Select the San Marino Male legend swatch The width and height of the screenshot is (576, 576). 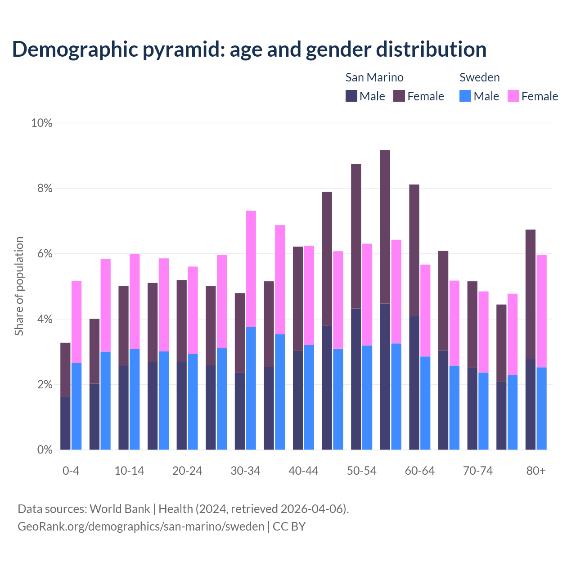351,96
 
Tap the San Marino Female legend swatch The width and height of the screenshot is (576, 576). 399,96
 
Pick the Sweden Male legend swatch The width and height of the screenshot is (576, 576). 465,96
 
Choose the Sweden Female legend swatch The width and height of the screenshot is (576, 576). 513,96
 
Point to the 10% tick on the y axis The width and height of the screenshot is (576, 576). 42,123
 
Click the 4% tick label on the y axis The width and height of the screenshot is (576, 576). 45,319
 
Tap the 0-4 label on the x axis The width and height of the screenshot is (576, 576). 71,471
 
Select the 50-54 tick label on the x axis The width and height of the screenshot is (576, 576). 362,471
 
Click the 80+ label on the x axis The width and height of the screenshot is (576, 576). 536,471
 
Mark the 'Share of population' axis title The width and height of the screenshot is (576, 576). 19,286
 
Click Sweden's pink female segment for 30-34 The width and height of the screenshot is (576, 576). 251,269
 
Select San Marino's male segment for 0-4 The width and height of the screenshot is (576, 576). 66,423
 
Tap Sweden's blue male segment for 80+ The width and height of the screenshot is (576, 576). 541,408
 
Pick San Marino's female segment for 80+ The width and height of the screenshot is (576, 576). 531,294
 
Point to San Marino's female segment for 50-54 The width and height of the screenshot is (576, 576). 356,236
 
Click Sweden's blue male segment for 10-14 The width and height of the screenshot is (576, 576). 135,399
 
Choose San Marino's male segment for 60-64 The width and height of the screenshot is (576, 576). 414,382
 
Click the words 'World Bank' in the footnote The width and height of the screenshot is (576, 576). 120,509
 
